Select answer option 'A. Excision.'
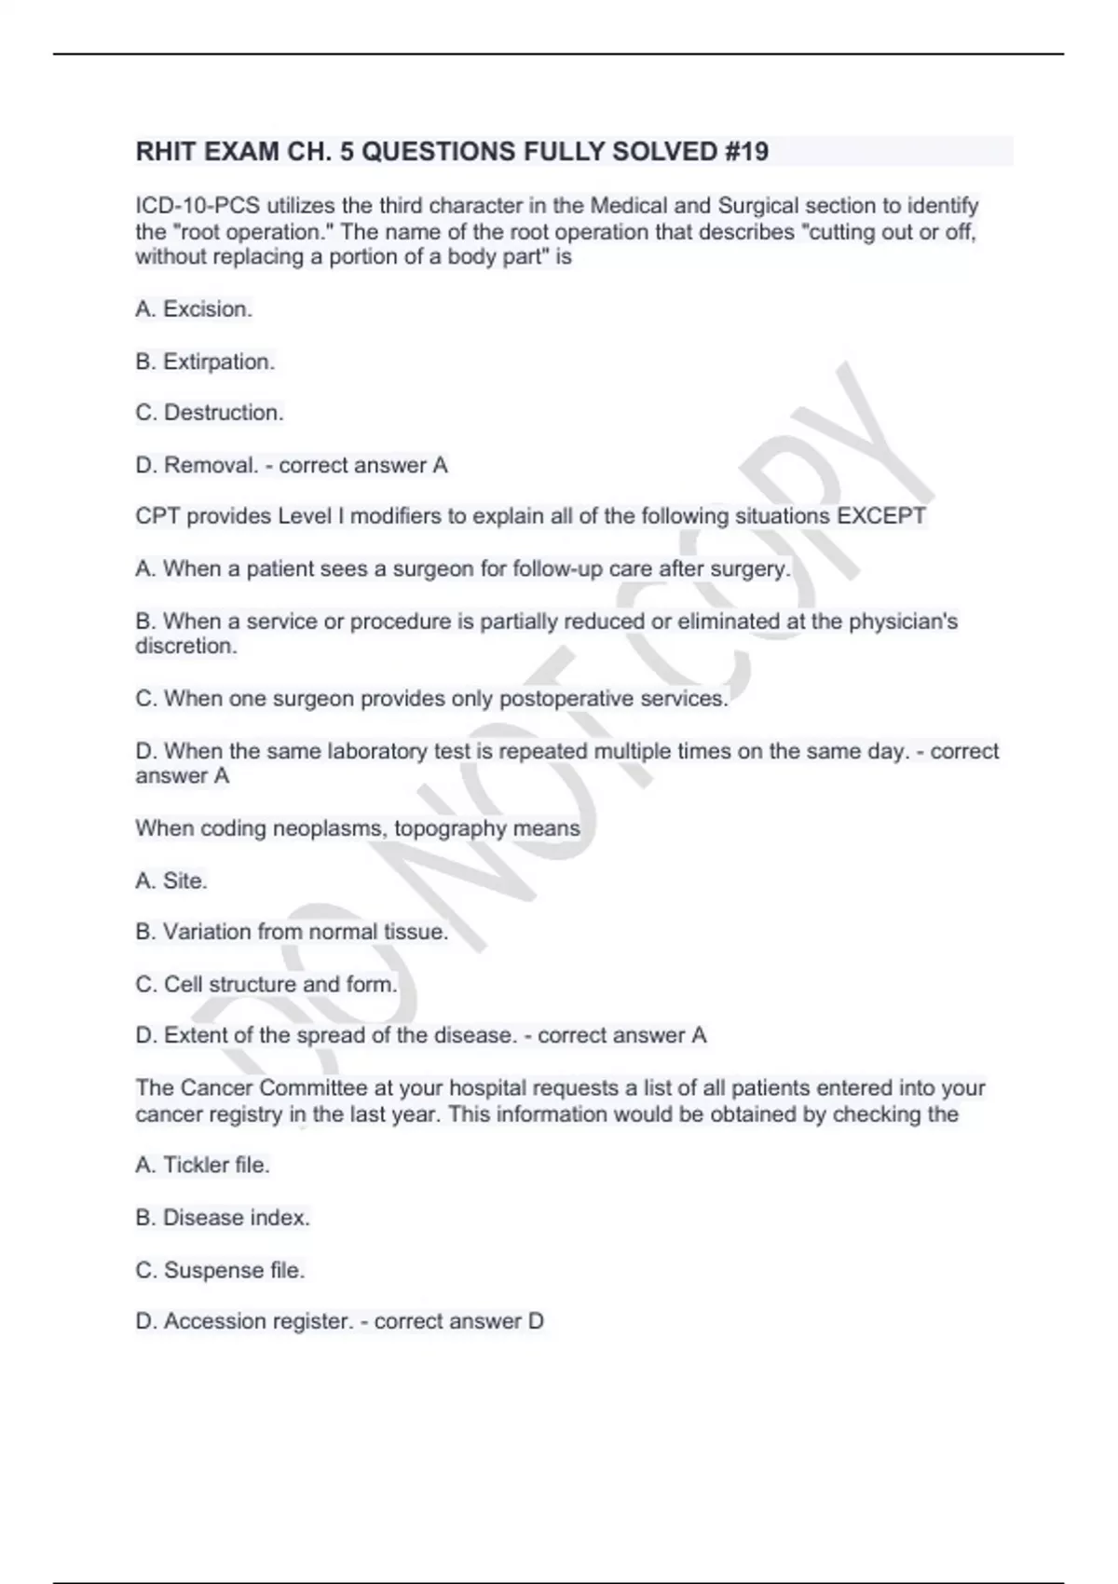(194, 309)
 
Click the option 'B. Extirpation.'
(205, 362)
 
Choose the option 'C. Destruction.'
(210, 413)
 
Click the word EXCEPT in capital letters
(881, 516)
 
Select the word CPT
(157, 516)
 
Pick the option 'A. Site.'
(171, 881)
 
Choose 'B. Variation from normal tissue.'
(292, 932)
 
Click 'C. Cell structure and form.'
(266, 984)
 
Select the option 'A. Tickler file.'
(202, 1165)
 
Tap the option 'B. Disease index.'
(223, 1218)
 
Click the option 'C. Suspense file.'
(220, 1270)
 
